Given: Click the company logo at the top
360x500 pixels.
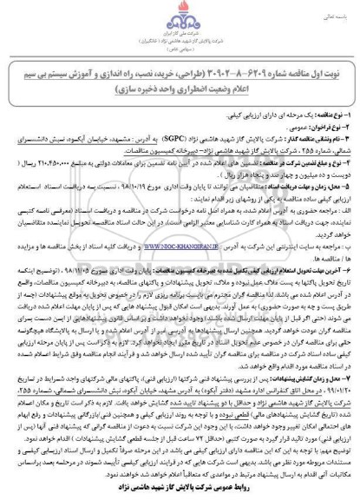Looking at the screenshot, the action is (x=180, y=20).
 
